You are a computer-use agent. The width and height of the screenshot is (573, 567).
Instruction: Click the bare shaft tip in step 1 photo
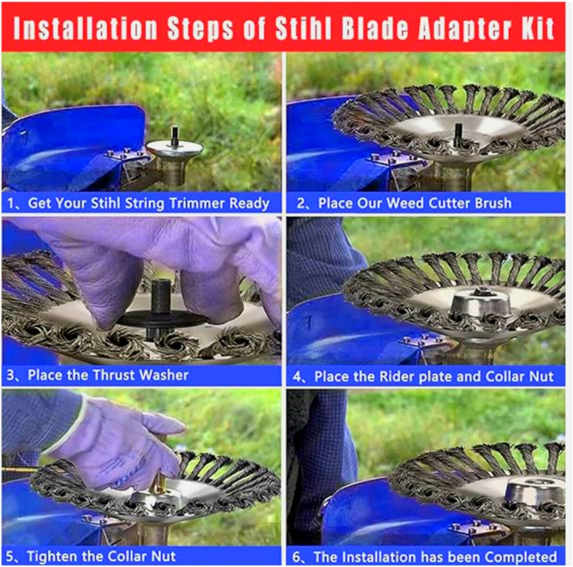[x=175, y=134]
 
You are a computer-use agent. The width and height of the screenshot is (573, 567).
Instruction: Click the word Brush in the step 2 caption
[x=493, y=203]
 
